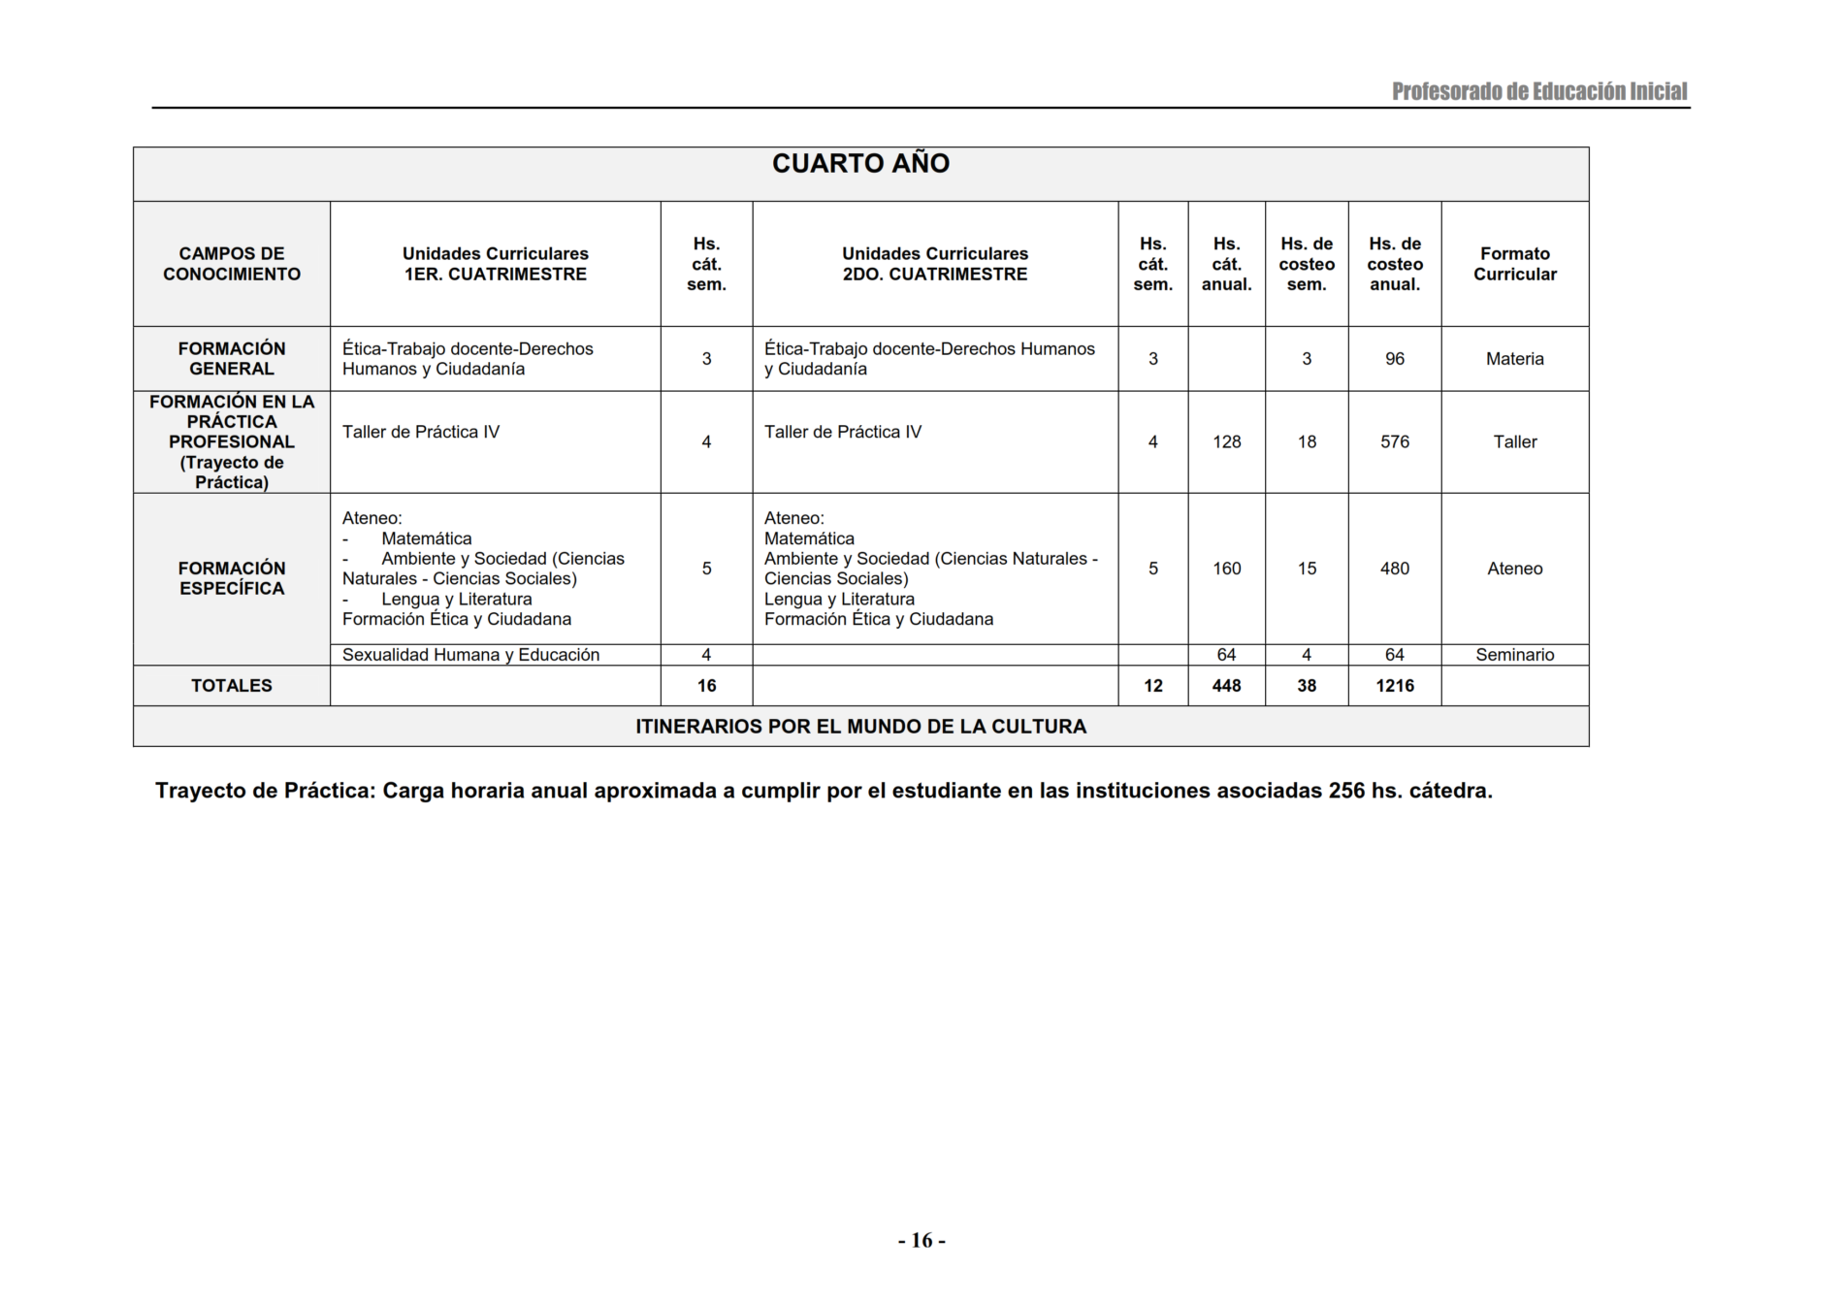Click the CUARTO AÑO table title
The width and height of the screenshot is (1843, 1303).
[x=860, y=164]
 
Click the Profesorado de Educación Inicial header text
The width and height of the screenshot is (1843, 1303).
[x=1539, y=92]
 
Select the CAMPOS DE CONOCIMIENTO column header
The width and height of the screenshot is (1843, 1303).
[x=232, y=264]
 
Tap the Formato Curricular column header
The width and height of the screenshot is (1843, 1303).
[x=1514, y=264]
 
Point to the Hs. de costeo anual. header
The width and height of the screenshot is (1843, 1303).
[x=1395, y=264]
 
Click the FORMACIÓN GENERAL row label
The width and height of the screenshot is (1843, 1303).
[x=232, y=359]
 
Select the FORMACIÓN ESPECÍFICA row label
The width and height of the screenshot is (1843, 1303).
[x=232, y=578]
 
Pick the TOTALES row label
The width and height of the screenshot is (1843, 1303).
[x=232, y=686]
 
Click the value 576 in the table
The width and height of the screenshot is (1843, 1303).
[x=1395, y=442]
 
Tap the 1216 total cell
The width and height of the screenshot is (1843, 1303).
[x=1395, y=686]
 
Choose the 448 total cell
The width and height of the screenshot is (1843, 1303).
[x=1226, y=686]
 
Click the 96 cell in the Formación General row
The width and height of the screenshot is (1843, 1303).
[x=1395, y=359]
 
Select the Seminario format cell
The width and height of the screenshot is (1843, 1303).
[x=1514, y=655]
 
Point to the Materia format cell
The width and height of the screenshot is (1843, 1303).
[x=1514, y=359]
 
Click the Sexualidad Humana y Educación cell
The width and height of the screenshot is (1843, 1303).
[x=470, y=655]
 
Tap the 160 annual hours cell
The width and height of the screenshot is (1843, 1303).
[x=1226, y=569]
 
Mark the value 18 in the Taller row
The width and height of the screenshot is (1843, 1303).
[x=1307, y=442]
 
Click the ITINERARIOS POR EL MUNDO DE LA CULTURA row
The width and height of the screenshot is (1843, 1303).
[x=860, y=727]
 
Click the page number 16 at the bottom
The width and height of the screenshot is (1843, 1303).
[x=921, y=1241]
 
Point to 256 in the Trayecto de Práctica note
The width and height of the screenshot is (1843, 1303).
[x=1346, y=791]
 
